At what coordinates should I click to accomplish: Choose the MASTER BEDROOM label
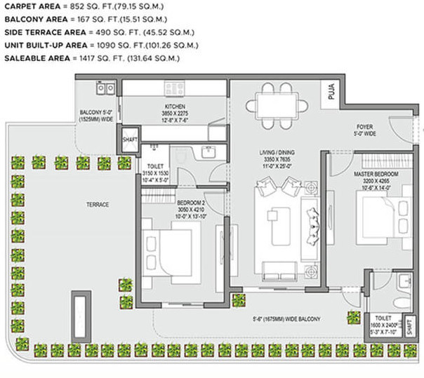coord(377,173)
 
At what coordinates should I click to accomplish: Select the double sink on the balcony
coord(105,89)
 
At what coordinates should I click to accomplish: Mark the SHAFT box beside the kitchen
coord(128,138)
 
